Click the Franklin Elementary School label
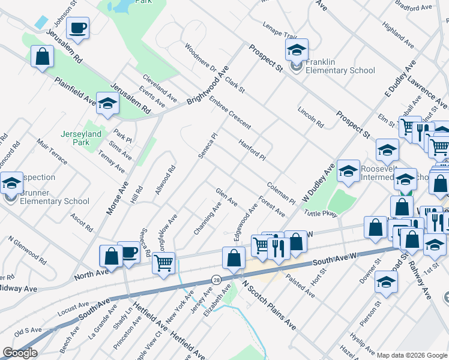(x=340, y=66)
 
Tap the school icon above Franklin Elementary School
(x=297, y=50)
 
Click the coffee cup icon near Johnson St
(x=78, y=28)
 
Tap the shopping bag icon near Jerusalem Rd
(x=42, y=57)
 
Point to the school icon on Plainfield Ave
(x=107, y=104)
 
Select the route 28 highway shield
(x=215, y=280)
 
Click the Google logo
(x=20, y=353)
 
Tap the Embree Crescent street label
(x=230, y=113)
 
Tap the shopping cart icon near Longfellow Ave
(x=163, y=262)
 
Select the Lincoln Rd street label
(x=310, y=118)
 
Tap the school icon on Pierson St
(x=385, y=282)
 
